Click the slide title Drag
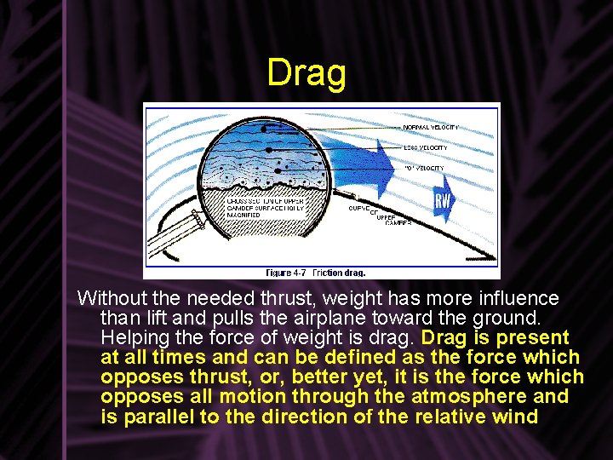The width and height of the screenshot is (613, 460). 306,74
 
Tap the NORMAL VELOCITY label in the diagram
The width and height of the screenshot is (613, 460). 431,127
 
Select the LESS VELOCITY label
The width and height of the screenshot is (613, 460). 425,147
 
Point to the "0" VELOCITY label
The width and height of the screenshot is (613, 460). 424,168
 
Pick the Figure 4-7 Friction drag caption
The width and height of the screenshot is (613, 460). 315,273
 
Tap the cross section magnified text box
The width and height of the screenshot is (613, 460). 265,208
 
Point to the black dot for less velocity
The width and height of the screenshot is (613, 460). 270,148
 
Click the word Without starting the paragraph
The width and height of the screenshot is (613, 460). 112,299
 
